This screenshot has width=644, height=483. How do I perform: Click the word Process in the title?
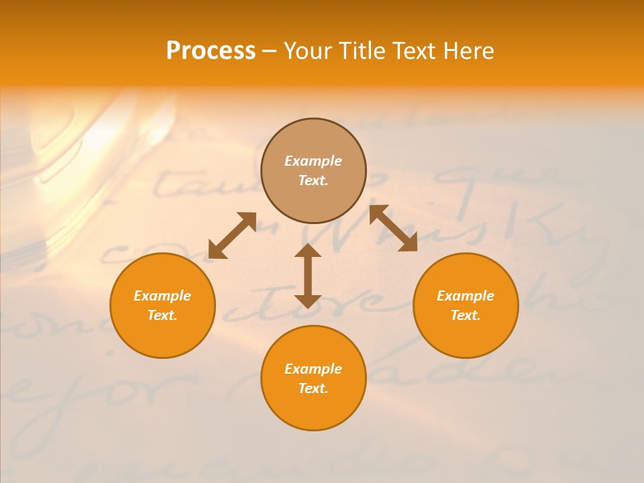(211, 51)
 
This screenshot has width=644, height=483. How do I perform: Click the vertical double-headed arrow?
(308, 276)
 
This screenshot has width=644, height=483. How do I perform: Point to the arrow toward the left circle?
(232, 235)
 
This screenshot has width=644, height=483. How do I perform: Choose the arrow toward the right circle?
(393, 228)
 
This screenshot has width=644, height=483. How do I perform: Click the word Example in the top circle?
(313, 161)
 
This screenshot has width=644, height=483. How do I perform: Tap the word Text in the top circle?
(313, 180)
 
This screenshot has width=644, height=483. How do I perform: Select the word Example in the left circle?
(162, 296)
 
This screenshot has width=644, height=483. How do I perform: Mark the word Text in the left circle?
(162, 315)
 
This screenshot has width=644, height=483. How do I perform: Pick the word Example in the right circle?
(466, 296)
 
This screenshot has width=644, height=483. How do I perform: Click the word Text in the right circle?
(466, 315)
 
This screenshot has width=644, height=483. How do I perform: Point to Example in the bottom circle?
(313, 369)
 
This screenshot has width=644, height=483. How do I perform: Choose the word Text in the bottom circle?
(313, 388)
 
